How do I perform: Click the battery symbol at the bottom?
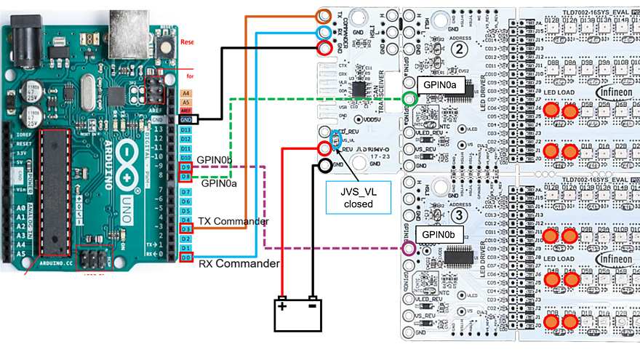[296, 313]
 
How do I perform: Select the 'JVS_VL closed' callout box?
[357, 197]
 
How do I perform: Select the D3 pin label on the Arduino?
[186, 229]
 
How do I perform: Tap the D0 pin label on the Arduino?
[186, 257]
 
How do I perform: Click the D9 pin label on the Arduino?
[186, 167]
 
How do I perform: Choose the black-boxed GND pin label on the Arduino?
[186, 119]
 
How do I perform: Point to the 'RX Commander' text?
[239, 263]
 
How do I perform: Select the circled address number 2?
[439, 49]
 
